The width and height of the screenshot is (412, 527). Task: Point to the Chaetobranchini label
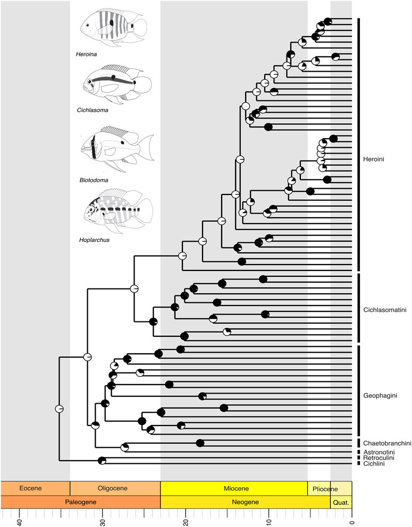385,443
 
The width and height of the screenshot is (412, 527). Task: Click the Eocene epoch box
35,488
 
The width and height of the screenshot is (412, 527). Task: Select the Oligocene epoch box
115,488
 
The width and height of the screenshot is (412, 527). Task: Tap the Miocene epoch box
234,488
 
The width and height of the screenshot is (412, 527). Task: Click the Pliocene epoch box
319,488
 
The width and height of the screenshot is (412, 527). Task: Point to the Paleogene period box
80,501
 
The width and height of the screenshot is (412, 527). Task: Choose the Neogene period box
245,501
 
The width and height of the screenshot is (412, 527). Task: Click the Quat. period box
341,501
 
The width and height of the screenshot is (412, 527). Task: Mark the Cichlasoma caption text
92,110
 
